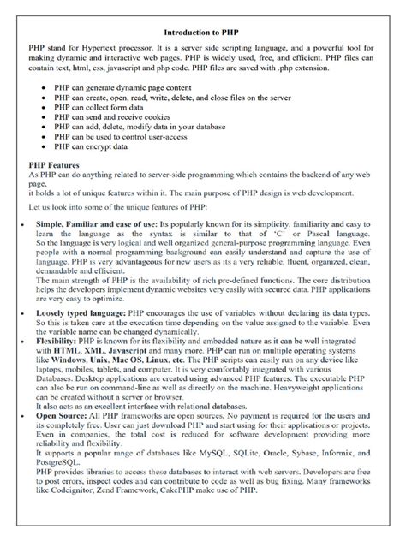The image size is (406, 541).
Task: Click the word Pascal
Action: (x=307, y=231)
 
